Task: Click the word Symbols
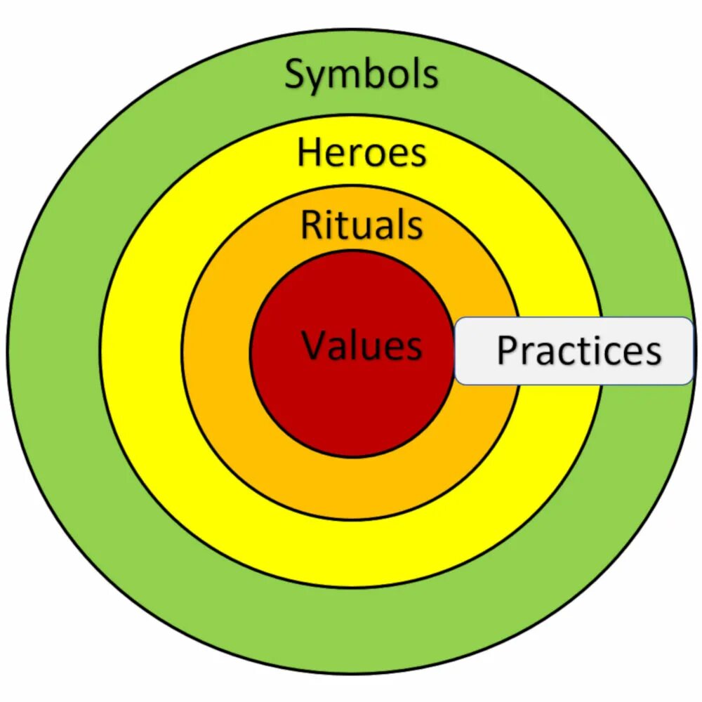[x=362, y=74]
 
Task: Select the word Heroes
[x=362, y=153]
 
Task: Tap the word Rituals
[x=362, y=225]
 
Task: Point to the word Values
[x=362, y=345]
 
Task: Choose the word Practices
[x=579, y=350]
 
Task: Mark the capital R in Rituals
[x=311, y=225]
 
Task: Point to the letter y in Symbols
[x=317, y=79]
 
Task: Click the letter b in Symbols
[x=376, y=74]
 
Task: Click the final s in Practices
[x=653, y=353]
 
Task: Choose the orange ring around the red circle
[x=351, y=484]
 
